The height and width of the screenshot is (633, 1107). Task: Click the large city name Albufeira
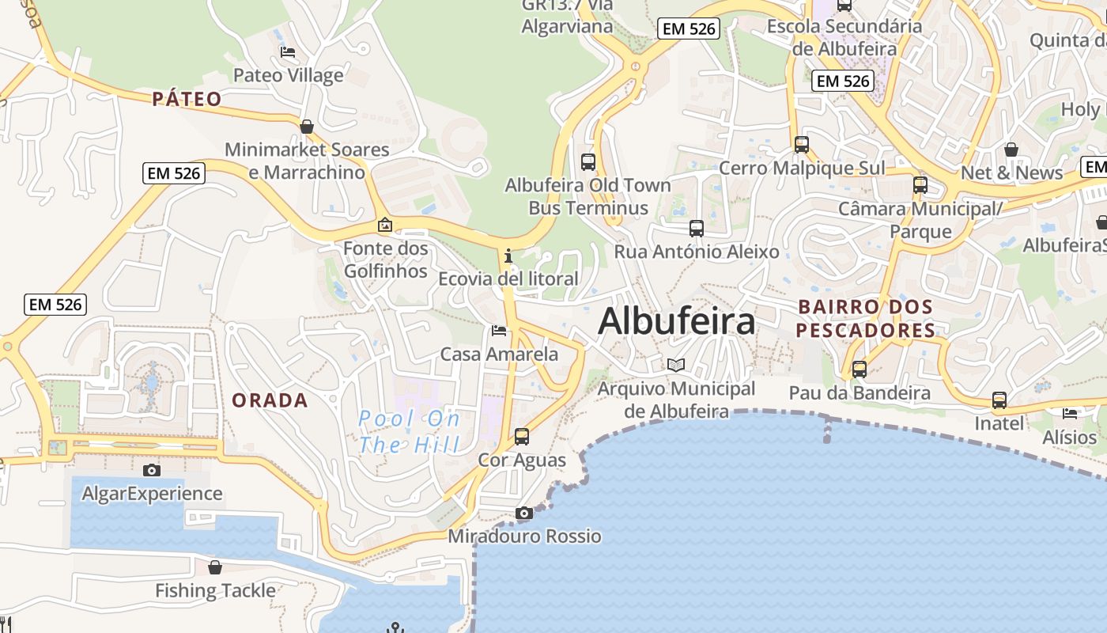(x=677, y=321)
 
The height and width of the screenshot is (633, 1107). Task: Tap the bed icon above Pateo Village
(x=288, y=52)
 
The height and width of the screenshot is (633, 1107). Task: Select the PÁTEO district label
(x=187, y=99)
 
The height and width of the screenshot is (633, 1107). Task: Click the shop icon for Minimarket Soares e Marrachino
(x=307, y=127)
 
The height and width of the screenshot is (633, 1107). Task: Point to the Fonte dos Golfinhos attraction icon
(x=385, y=226)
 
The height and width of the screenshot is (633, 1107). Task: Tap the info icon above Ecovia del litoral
(x=508, y=256)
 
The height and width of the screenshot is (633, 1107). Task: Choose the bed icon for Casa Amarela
(x=499, y=331)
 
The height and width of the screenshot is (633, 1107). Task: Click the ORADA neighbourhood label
(x=270, y=400)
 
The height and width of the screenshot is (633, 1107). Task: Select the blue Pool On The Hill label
(x=410, y=431)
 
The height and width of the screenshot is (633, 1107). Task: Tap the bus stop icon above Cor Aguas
(x=522, y=436)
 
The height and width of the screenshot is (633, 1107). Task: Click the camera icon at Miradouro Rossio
(x=523, y=514)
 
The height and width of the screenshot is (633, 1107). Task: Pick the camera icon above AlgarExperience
(x=152, y=471)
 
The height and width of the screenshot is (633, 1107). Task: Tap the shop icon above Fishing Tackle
(x=215, y=567)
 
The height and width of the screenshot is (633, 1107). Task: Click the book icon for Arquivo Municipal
(x=675, y=365)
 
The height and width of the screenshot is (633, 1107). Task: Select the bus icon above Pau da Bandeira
(x=860, y=370)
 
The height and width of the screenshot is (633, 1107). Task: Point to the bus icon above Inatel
(x=999, y=400)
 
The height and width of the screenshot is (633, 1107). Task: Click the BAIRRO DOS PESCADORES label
(x=865, y=318)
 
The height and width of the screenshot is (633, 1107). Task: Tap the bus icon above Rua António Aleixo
(x=697, y=229)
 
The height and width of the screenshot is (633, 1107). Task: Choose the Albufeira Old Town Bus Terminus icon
(x=588, y=162)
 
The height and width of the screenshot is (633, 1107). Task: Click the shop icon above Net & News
(x=1011, y=150)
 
